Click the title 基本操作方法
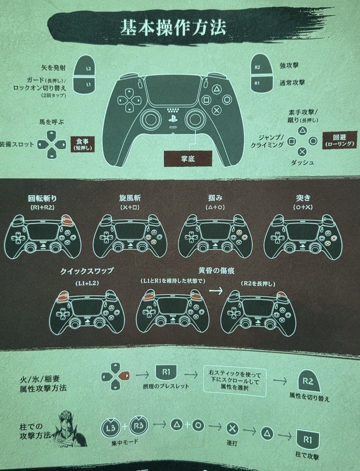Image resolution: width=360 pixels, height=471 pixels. [173, 28]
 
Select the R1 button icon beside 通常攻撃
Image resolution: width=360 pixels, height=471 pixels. [261, 83]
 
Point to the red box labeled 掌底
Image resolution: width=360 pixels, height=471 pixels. [188, 158]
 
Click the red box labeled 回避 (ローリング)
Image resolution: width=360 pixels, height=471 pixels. [340, 140]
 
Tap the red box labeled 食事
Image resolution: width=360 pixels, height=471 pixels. [82, 144]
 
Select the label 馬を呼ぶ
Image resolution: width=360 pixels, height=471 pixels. [52, 122]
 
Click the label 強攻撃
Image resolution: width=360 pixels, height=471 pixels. [289, 65]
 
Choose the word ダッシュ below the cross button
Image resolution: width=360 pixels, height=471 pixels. [302, 162]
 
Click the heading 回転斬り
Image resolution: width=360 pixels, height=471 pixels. [42, 198]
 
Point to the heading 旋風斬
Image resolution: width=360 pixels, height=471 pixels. [130, 198]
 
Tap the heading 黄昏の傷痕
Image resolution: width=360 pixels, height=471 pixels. [216, 271]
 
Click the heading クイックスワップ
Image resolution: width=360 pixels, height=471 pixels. [86, 271]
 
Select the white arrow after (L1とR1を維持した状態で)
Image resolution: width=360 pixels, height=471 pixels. [216, 291]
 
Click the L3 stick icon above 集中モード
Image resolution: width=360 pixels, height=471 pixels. [111, 427]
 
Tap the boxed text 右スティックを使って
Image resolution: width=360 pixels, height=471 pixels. [235, 374]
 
